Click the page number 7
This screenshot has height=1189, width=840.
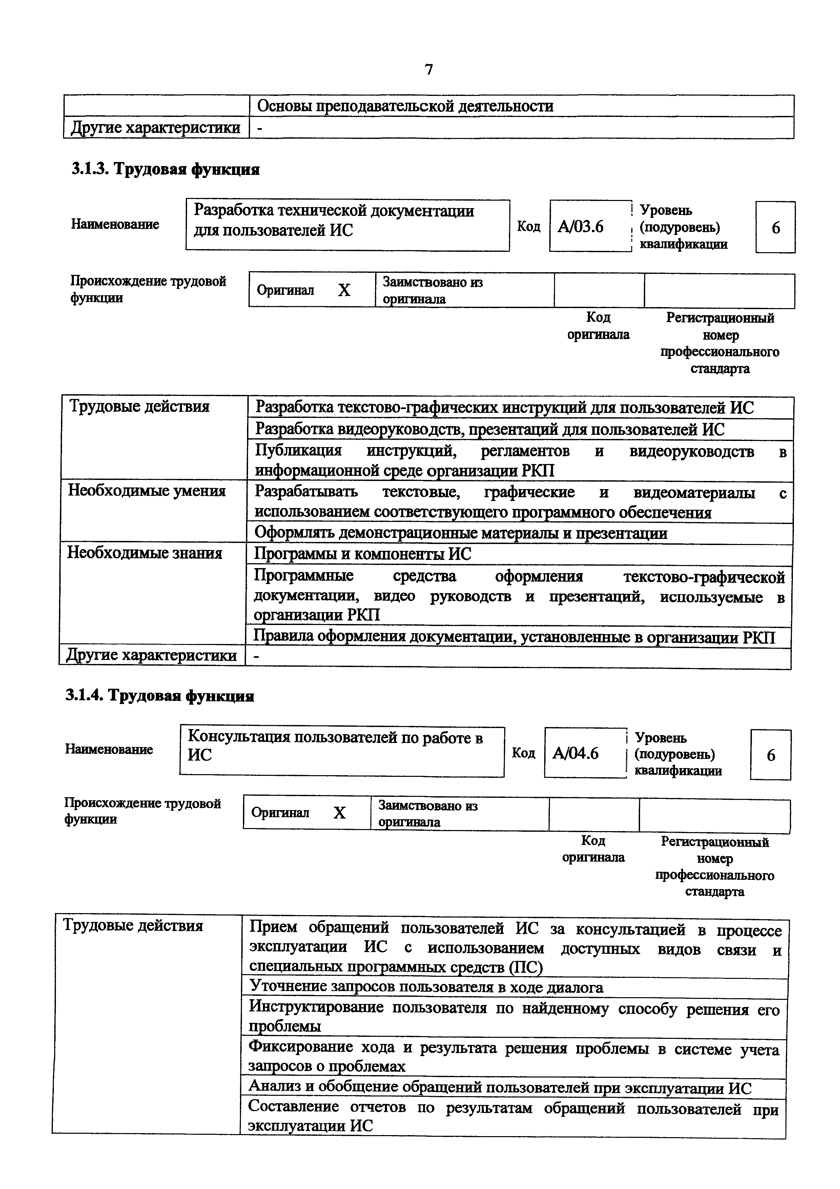(x=429, y=69)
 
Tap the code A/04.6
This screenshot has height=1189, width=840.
(x=575, y=753)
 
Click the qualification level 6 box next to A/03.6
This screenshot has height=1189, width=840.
(x=775, y=227)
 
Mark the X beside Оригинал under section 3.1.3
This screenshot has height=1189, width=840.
(x=344, y=290)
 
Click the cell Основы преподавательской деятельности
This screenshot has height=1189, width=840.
(x=405, y=106)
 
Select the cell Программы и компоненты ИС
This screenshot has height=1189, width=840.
(x=362, y=554)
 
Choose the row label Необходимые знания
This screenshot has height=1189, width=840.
(x=145, y=553)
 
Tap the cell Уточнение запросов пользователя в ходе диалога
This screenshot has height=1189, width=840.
(x=426, y=987)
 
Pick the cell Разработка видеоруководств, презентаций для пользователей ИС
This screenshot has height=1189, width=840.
(x=490, y=429)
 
